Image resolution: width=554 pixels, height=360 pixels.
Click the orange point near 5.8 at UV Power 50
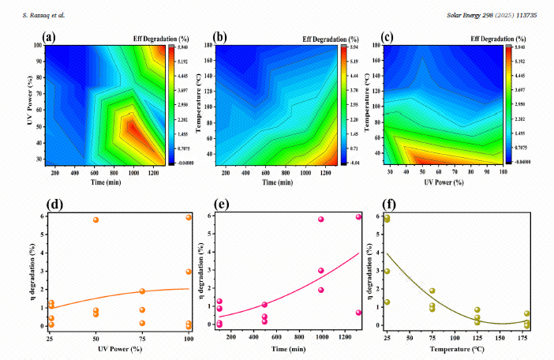(x=95, y=219)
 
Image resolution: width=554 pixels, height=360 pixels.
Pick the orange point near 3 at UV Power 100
(x=189, y=272)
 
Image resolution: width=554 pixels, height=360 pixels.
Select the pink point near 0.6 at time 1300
(x=358, y=313)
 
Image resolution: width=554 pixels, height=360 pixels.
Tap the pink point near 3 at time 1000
(x=321, y=271)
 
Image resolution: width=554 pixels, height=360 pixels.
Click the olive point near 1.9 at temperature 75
(x=432, y=291)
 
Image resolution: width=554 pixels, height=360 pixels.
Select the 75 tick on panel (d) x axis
(x=142, y=337)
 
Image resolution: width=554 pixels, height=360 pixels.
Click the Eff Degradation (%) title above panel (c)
(x=477, y=38)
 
